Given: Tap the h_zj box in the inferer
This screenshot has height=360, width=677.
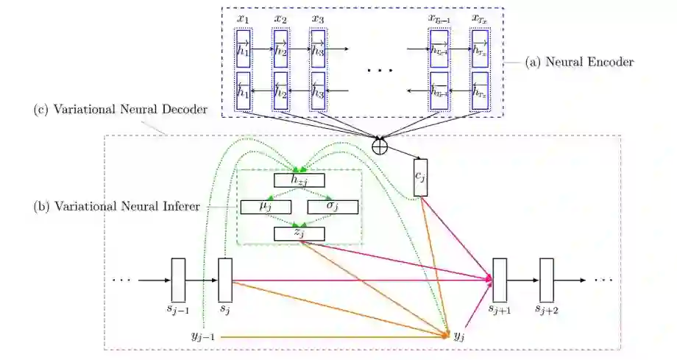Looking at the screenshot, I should (299, 179).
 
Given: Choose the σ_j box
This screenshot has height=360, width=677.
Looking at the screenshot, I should (332, 206).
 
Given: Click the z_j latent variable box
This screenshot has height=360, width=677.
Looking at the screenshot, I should (299, 233).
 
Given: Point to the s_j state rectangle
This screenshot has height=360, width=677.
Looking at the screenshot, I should (225, 280).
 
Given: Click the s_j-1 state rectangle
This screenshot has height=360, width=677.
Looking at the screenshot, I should (179, 280).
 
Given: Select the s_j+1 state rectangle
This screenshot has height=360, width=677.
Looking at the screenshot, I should (500, 280).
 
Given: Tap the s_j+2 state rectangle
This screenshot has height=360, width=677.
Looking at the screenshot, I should (546, 280).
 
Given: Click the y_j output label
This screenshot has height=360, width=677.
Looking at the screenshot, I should (459, 336).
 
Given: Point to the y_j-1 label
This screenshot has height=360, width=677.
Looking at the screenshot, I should (204, 336).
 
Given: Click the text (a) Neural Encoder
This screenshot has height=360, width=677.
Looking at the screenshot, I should (578, 63).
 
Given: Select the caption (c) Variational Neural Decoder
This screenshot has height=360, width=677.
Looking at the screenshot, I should (121, 110).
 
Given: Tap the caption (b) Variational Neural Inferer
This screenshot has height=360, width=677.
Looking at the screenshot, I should (117, 207).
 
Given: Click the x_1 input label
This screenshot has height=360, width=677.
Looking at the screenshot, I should (243, 18).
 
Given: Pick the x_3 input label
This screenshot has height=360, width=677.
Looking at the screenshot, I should (318, 18).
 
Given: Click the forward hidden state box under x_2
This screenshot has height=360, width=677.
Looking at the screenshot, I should (280, 49).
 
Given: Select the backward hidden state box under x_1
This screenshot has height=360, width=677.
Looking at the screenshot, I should (243, 91).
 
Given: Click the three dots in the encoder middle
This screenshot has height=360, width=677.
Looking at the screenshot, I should (380, 71).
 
